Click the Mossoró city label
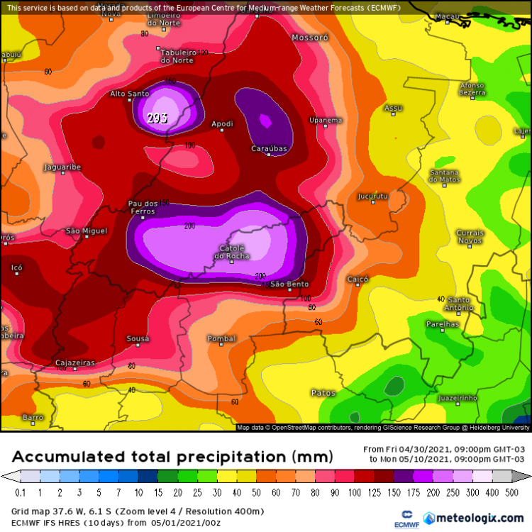[310, 37]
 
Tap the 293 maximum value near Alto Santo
[157, 118]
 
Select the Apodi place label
[222, 124]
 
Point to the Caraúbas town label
[270, 148]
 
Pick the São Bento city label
[289, 284]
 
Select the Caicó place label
[358, 279]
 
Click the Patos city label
[323, 392]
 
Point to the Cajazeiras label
[74, 362]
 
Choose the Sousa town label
[138, 338]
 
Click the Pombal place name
[221, 338]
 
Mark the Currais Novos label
[470, 236]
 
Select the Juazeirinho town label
[458, 398]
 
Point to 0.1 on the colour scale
[19, 492]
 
